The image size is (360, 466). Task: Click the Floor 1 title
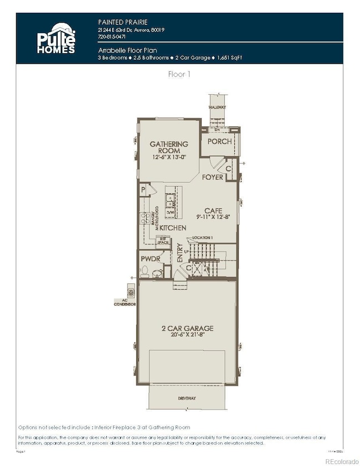[180, 73]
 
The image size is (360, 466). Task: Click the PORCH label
[219, 141]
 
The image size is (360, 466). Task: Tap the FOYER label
[212, 177]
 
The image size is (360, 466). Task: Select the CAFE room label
[213, 210]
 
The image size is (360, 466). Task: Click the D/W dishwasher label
[171, 212]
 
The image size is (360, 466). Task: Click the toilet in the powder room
[145, 272]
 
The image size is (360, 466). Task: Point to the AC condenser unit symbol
[131, 290]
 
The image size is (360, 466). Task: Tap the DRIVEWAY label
[187, 398]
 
